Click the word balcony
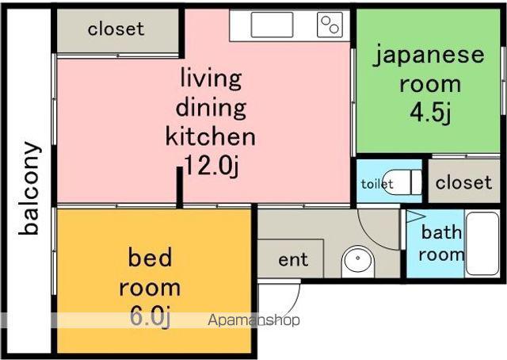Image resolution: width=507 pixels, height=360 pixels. (30, 188)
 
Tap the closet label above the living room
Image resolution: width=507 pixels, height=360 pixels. (116, 29)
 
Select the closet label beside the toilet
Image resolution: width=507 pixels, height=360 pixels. (463, 182)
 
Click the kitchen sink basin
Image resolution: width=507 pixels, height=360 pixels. (272, 25)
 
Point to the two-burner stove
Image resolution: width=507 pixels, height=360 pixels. (330, 25)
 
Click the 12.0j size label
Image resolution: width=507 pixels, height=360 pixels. (212, 166)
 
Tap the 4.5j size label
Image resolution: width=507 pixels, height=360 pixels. (430, 113)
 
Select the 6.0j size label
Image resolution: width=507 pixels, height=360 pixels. (150, 317)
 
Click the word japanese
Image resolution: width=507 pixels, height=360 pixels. (429, 56)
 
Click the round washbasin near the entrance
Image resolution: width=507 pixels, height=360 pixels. (358, 259)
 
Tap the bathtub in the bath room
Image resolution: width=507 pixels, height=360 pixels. (482, 243)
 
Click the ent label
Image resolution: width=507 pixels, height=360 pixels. (293, 259)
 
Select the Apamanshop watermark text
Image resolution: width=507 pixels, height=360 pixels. (253, 320)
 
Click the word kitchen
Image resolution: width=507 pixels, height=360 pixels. (211, 136)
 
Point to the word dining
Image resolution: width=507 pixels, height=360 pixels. (211, 108)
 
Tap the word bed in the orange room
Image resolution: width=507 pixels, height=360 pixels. (150, 258)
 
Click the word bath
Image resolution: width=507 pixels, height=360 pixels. (441, 232)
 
